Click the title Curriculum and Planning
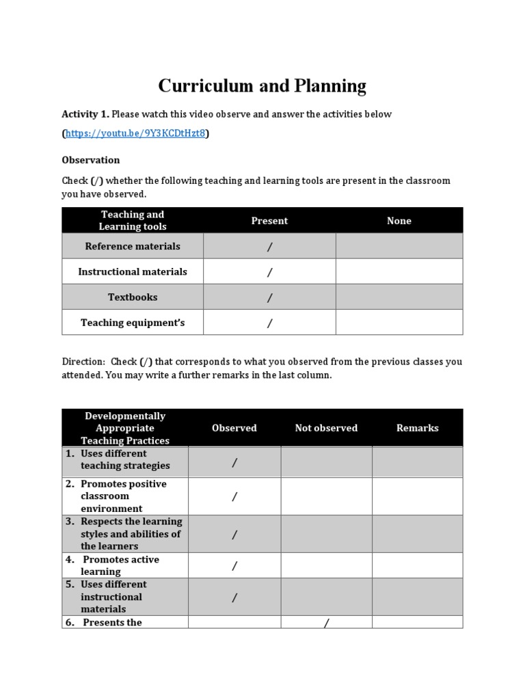(262, 86)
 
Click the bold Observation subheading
(90, 160)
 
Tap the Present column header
(269, 221)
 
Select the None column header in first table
(399, 221)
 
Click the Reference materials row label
(133, 246)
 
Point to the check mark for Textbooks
(269, 297)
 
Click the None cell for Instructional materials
(399, 272)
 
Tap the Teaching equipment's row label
(133, 323)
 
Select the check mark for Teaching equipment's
(269, 323)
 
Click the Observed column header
(234, 428)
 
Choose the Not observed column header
(326, 428)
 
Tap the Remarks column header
(417, 428)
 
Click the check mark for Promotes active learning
(234, 566)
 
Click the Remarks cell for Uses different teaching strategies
(417, 462)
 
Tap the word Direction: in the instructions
(83, 362)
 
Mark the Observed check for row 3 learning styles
(234, 535)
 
